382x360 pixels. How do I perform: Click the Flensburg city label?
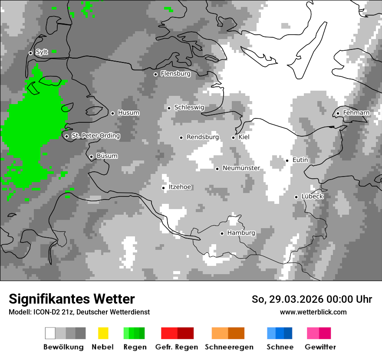coord(175,74)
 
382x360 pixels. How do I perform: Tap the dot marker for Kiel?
coord(233,137)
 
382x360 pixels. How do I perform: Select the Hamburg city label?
coord(241,233)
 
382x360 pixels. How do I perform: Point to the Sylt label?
coord(42,52)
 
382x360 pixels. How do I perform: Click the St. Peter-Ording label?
coord(95,136)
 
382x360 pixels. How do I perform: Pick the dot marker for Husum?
coord(112,113)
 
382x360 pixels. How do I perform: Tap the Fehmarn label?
coord(356,113)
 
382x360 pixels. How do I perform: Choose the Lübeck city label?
coord(312,196)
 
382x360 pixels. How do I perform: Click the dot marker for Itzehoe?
coord(163,188)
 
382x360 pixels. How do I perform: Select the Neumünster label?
coord(241,168)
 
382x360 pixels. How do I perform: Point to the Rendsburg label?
coord(202,137)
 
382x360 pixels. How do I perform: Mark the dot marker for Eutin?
coord(287,160)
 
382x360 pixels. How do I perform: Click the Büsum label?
coord(107,156)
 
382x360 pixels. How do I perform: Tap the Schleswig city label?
coord(189,108)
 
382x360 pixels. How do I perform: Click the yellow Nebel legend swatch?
coord(103,333)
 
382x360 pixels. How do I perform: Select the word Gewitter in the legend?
coord(320,347)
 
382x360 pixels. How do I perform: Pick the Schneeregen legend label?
coord(229,347)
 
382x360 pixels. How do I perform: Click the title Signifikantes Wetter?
coord(72,299)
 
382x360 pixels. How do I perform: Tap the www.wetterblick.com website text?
coord(313,312)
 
